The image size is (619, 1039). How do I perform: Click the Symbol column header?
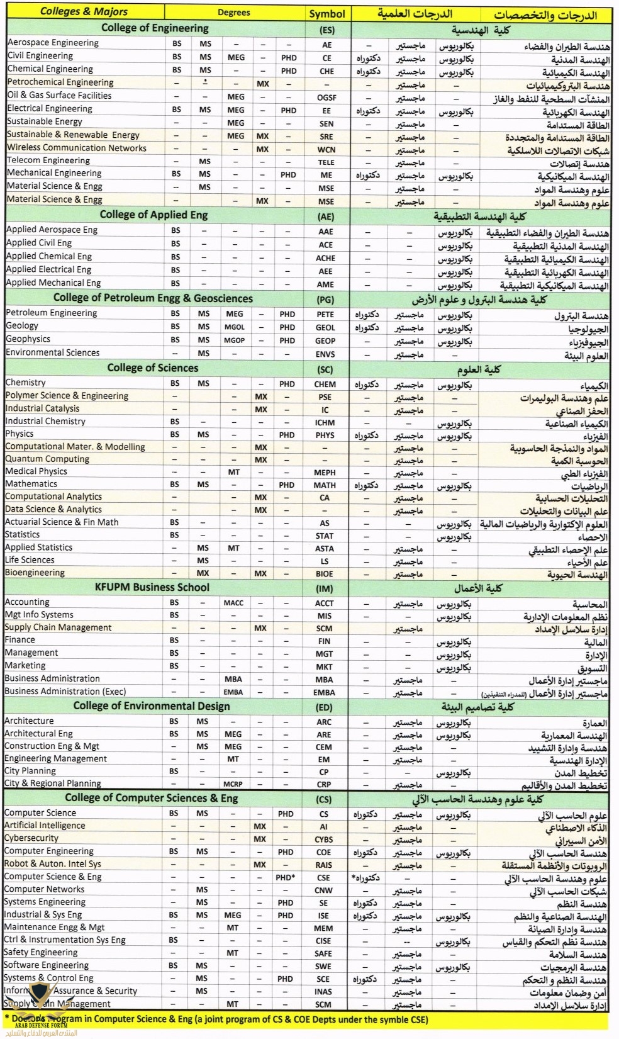[x=327, y=13]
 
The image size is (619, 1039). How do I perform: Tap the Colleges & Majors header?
[x=84, y=11]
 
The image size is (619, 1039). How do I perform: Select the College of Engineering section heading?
[x=155, y=28]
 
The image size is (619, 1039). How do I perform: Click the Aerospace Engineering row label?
[x=53, y=43]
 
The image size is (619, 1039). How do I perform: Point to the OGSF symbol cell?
[x=326, y=98]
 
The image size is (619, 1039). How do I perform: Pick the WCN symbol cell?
[x=326, y=150]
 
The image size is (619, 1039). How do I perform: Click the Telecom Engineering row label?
[x=48, y=160]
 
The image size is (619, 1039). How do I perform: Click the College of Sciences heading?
[x=152, y=368]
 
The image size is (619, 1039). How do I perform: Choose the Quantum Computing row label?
[x=47, y=459]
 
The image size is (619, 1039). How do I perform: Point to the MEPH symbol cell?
[x=325, y=473]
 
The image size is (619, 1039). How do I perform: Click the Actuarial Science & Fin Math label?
[x=62, y=522]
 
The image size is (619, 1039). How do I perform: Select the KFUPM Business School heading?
[x=152, y=587]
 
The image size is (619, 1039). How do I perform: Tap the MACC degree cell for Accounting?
[x=233, y=603]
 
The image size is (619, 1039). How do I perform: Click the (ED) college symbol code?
[x=324, y=707]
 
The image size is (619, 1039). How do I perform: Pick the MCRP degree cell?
[x=233, y=784]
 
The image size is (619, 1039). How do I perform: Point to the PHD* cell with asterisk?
[x=285, y=877]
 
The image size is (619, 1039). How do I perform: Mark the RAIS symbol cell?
[x=323, y=865]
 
